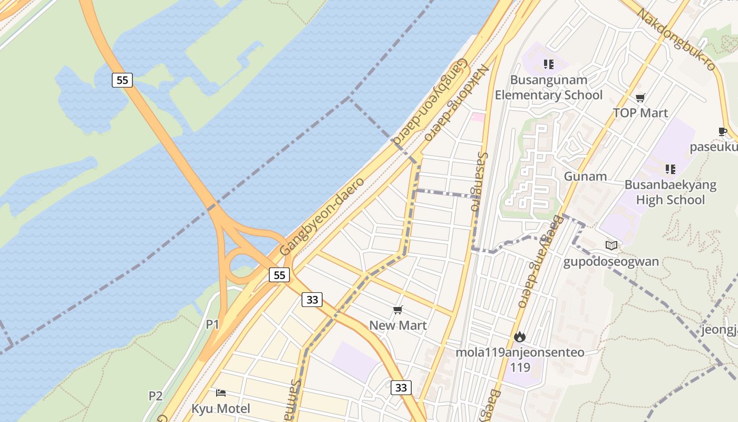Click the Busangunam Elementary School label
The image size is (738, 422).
click(548, 88)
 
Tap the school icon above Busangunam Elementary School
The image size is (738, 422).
click(548, 64)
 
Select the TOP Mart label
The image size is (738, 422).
click(640, 113)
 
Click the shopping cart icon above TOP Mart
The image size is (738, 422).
click(640, 98)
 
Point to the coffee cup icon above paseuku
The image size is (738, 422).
click(722, 131)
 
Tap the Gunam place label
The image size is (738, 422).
click(585, 176)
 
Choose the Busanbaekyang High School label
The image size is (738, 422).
click(670, 193)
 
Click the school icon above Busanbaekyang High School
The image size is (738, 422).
click(670, 169)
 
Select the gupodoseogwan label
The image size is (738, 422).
click(611, 262)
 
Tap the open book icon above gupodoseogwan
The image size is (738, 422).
click(611, 245)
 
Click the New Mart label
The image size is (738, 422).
click(397, 325)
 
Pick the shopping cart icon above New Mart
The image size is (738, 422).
click(397, 310)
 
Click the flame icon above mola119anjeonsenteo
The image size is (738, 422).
click(520, 336)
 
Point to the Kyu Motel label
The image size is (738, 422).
click(220, 408)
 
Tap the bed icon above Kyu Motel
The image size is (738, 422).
click(221, 392)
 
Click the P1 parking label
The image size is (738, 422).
click(212, 324)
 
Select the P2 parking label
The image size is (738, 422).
click(155, 396)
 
